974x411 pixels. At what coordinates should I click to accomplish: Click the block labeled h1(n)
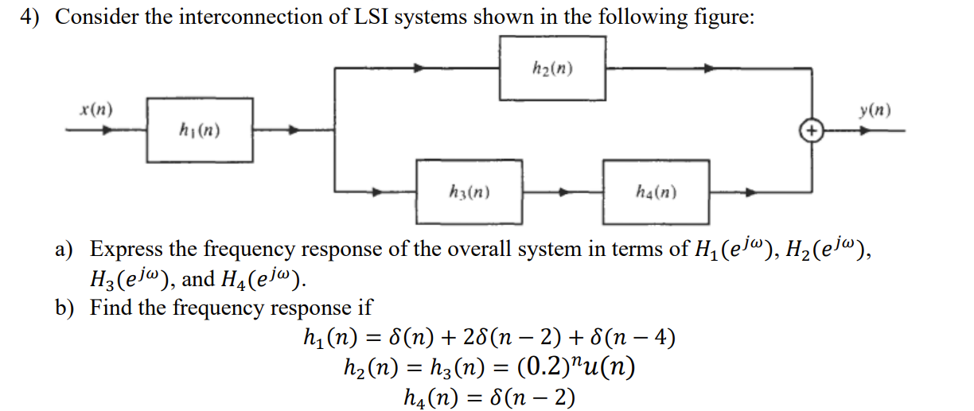200,130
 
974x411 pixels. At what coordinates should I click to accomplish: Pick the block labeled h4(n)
656,192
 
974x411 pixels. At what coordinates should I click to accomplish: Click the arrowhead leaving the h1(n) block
294,130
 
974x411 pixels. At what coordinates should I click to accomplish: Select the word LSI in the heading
363,17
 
